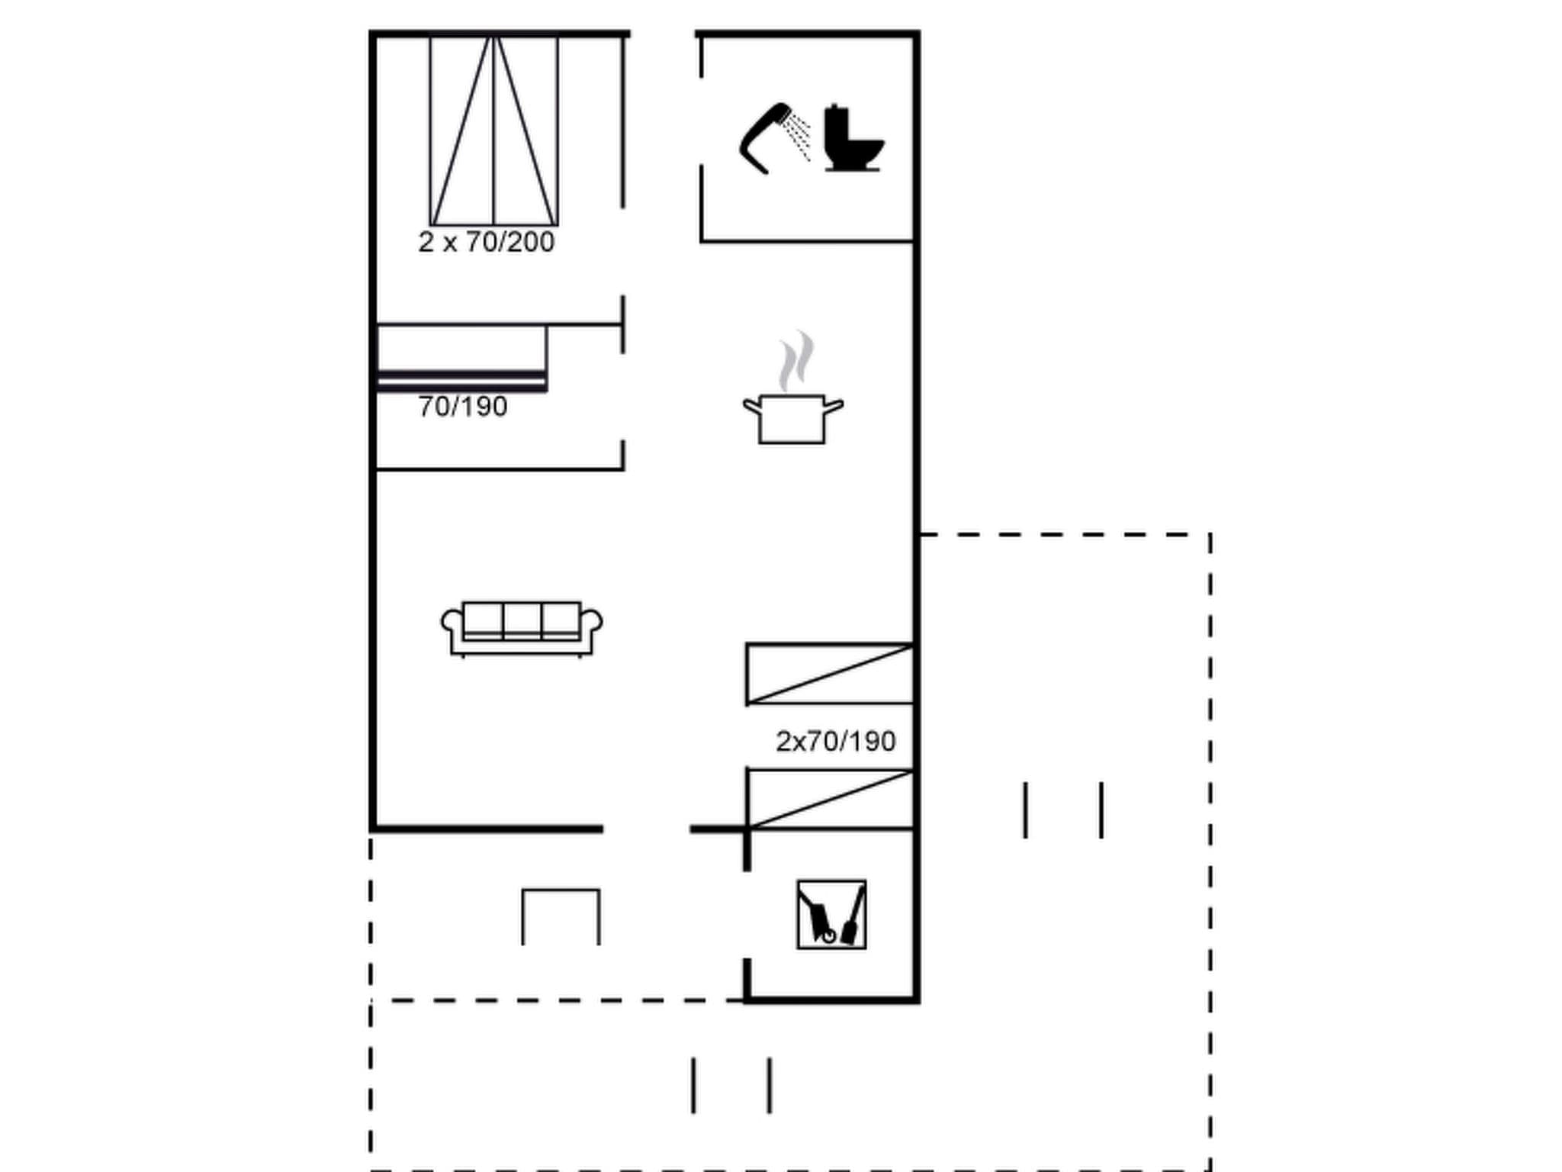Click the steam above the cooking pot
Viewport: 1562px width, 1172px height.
pyautogui.click(x=795, y=361)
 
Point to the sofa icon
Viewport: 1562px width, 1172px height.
pyautogui.click(x=522, y=628)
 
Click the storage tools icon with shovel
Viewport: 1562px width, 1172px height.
pyautogui.click(x=831, y=914)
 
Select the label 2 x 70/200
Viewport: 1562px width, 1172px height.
pyautogui.click(x=486, y=243)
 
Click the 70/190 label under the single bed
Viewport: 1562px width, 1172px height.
pyautogui.click(x=462, y=407)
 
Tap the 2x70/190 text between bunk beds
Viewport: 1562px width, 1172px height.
pyautogui.click(x=835, y=742)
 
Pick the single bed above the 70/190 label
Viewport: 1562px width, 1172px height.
pyautogui.click(x=462, y=357)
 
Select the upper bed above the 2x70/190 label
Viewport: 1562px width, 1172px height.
pyautogui.click(x=830, y=674)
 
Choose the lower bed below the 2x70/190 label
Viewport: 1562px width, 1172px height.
pyautogui.click(x=830, y=799)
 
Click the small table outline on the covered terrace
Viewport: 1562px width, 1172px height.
pyautogui.click(x=561, y=916)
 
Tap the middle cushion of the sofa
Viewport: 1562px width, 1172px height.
pyautogui.click(x=522, y=620)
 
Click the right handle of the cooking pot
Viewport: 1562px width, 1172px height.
pyautogui.click(x=834, y=406)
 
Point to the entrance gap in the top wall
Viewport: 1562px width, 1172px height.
pyautogui.click(x=662, y=34)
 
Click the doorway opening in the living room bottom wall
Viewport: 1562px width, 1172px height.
pyautogui.click(x=646, y=829)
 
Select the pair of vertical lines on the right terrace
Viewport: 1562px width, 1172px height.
pyautogui.click(x=1063, y=810)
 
